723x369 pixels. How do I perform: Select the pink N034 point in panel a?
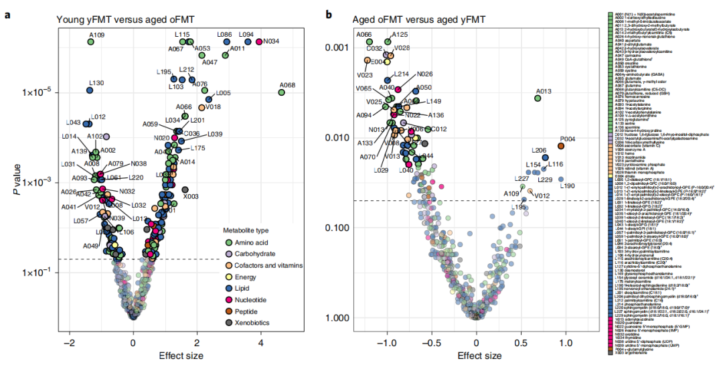259,42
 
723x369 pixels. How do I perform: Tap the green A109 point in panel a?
90,42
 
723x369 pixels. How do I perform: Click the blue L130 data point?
90,90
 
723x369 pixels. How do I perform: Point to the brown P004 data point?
561,146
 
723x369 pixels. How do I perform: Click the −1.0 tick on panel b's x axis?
387,342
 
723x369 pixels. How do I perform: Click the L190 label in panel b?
567,186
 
